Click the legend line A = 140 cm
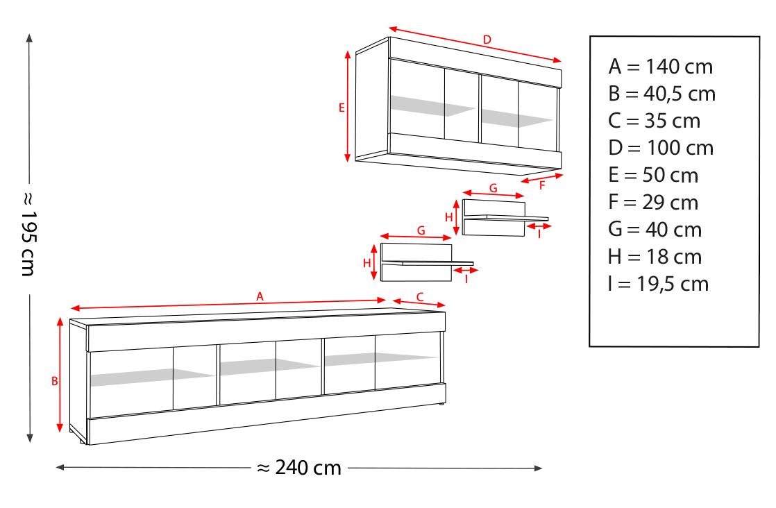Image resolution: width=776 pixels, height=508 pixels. point(661,67)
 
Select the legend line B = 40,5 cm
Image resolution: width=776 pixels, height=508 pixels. point(662,94)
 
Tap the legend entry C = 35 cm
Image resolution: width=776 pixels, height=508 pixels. point(655,121)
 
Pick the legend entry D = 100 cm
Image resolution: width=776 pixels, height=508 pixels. point(661,148)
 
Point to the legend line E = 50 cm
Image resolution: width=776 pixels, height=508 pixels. point(653,175)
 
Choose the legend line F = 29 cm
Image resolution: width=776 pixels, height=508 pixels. point(653,203)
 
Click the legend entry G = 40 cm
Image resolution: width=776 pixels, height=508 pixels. point(655,230)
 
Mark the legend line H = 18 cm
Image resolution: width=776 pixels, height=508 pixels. point(655,257)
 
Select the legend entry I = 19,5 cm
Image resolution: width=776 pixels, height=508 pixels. point(659,284)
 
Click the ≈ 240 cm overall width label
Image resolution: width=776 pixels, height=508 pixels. point(299,468)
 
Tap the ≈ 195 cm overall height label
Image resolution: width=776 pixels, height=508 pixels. point(29,235)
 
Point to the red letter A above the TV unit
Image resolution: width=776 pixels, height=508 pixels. point(260,296)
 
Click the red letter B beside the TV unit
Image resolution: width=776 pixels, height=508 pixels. point(55,382)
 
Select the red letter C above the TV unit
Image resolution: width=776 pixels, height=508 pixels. point(420,297)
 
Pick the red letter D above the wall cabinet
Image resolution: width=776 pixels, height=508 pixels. point(487,40)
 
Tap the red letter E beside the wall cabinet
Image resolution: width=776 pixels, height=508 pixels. point(341,108)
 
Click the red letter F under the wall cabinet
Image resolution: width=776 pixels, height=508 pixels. point(542,186)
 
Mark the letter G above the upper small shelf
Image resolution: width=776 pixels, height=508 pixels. point(493,189)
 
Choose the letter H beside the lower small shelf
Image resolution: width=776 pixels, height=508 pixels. point(366,263)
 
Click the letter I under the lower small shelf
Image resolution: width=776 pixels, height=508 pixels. point(466,280)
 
